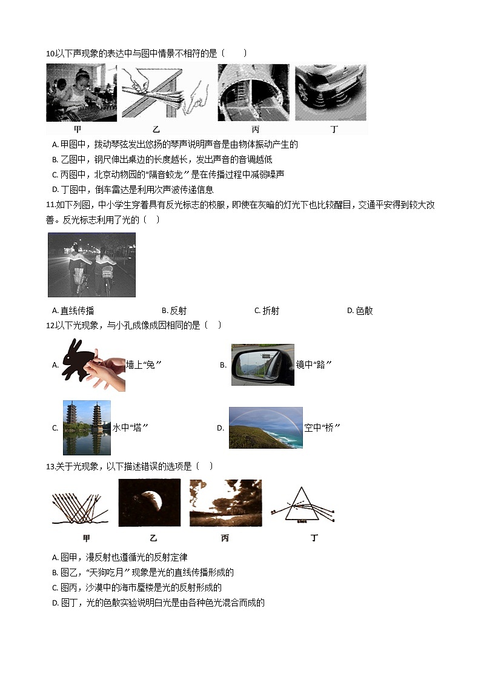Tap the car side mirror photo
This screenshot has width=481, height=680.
pyautogui.click(x=262, y=365)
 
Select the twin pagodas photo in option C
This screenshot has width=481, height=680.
pyautogui.click(x=87, y=427)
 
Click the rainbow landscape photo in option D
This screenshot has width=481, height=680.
pyautogui.click(x=265, y=427)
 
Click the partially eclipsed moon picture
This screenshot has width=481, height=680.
pyautogui.click(x=149, y=503)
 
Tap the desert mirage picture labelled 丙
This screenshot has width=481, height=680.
pyautogui.click(x=225, y=503)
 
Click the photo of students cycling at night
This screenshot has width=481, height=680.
pyautogui.click(x=91, y=265)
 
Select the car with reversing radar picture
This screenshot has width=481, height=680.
pyautogui.click(x=330, y=93)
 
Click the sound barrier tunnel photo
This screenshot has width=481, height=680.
pyautogui.click(x=253, y=93)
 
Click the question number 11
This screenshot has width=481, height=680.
pyautogui.click(x=50, y=205)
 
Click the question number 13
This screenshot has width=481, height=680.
pyautogui.click(x=50, y=466)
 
